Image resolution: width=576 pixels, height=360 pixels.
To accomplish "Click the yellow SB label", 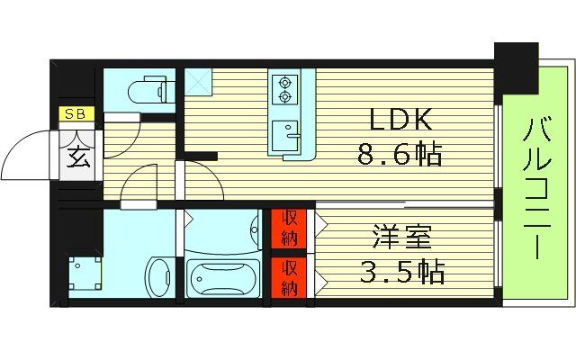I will [73, 115].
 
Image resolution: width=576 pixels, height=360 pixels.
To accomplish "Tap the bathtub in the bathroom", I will [222, 277].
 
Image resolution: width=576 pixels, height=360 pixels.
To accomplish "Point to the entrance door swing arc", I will [27, 155].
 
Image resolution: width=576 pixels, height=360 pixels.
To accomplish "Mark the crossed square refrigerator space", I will [200, 83].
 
